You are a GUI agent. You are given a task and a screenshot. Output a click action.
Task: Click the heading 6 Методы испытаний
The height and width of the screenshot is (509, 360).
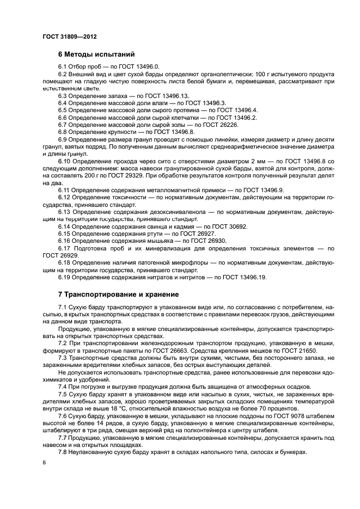pos(96,54)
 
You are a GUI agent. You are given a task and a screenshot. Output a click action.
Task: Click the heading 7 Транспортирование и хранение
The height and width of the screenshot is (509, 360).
pos(118,295)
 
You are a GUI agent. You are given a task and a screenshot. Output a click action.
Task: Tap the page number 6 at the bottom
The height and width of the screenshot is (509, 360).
pos(43,462)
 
